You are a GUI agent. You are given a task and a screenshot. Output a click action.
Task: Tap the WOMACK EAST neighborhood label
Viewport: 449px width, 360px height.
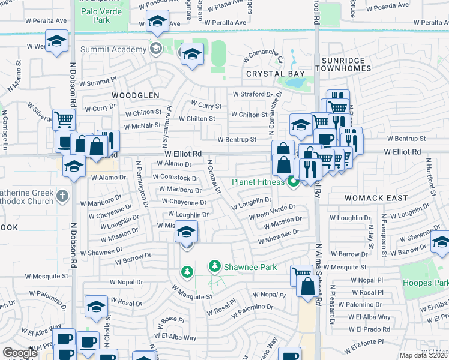pos(376,198)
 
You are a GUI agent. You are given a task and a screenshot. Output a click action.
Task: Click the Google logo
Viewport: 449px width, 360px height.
pos(20,353)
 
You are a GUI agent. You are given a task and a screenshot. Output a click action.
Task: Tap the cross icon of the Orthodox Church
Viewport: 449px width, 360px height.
pos(61,196)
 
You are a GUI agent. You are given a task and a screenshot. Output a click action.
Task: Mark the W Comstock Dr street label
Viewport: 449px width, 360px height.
pos(175,178)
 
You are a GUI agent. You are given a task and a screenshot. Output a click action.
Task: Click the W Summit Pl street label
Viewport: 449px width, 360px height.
pos(97,82)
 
